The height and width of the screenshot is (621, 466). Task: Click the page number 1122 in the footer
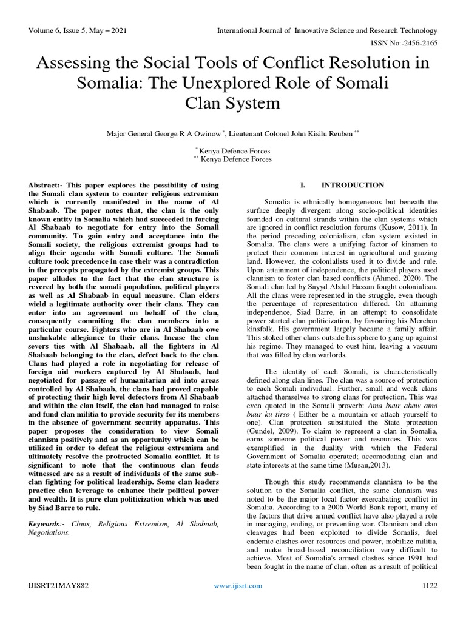click(x=429, y=586)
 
